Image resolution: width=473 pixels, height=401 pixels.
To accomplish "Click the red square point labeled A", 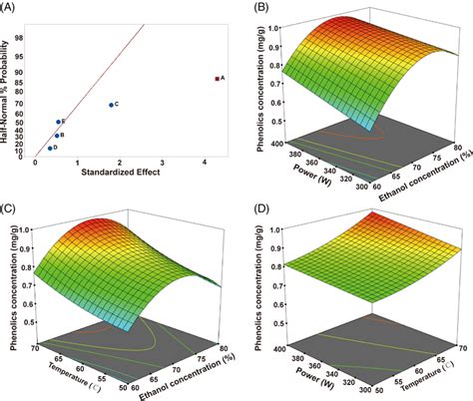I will coord(218,77).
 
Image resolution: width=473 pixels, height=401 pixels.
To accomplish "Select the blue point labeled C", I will coord(111,104).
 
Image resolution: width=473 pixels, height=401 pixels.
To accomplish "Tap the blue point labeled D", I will coord(50,148).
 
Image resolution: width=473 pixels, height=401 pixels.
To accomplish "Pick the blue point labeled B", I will coord(57,135).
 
